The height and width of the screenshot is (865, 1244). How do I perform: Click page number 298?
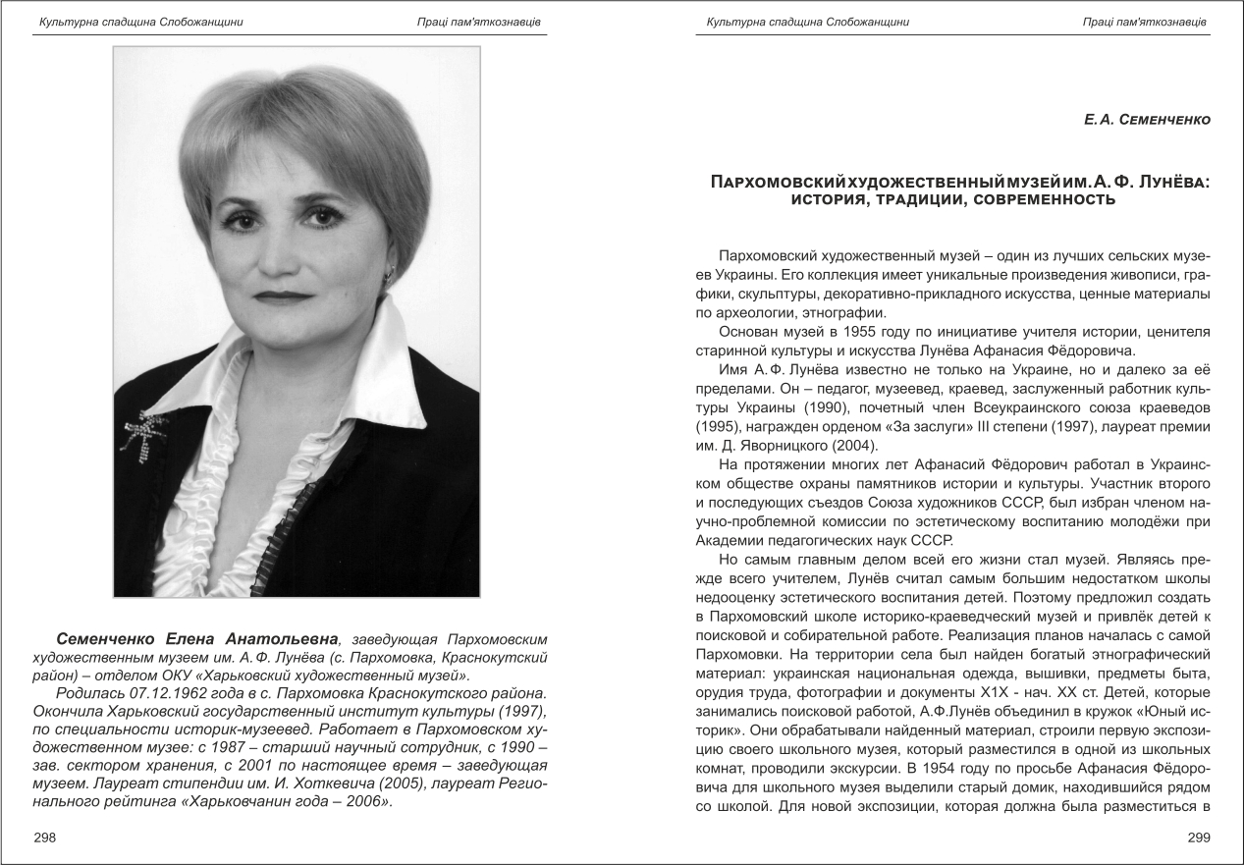pos(45,838)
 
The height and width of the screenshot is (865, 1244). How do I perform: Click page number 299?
pos(1199,838)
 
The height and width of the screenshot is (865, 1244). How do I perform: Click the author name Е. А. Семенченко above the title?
pos(1147,120)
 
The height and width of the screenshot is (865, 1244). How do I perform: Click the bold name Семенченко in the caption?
pos(111,639)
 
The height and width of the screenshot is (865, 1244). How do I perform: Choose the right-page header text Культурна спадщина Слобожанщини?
pos(807,22)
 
